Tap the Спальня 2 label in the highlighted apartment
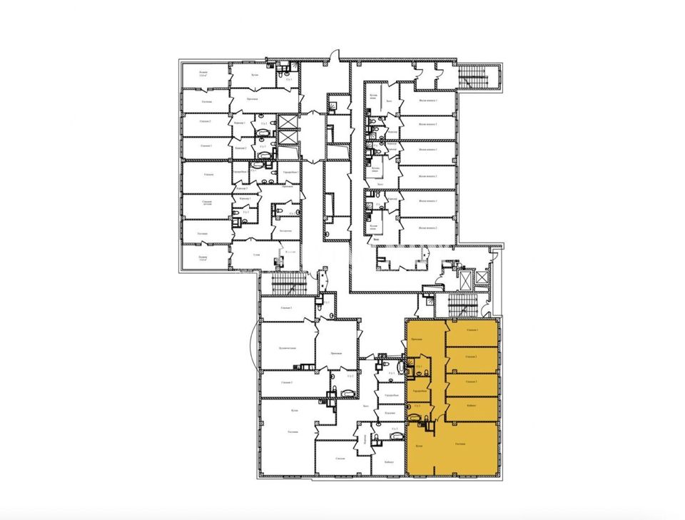pos(472,356)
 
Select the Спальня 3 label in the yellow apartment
pos(472,382)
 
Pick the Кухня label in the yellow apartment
pos(419,447)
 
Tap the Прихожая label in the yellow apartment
pos(417,340)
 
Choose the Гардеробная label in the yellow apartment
pos(419,392)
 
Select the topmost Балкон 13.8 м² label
pos(203,73)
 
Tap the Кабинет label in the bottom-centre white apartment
pos(388,462)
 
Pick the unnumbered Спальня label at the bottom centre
pos(340,459)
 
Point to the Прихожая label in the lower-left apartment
pos(337,354)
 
